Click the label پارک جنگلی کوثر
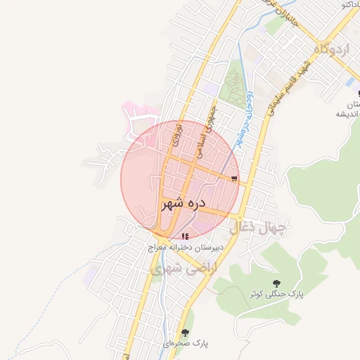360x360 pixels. point(275,293)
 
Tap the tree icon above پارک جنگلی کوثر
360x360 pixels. point(275,282)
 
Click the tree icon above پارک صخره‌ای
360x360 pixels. point(186,333)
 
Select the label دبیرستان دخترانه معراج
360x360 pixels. point(186,248)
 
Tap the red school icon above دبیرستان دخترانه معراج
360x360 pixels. point(186,237)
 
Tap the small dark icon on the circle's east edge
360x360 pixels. point(234,178)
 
